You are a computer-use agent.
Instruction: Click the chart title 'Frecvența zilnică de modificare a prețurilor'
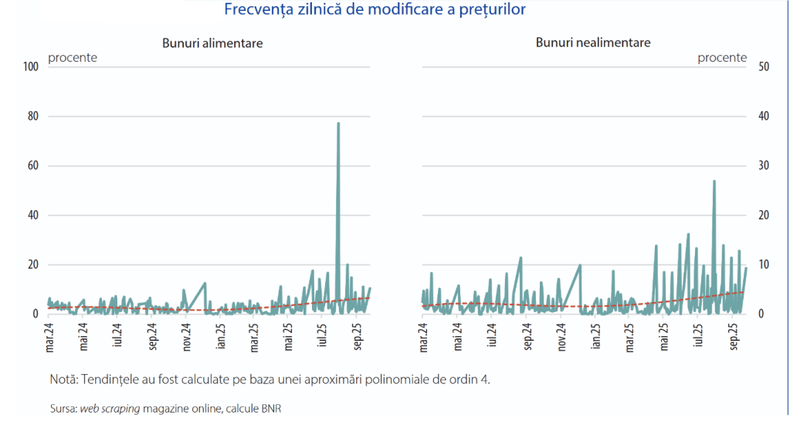click(375, 10)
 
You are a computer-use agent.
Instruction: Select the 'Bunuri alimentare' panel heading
click(212, 43)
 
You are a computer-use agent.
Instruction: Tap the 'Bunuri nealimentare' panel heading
click(593, 42)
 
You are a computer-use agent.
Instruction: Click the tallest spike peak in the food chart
click(338, 124)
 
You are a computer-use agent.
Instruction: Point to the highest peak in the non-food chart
click(714, 182)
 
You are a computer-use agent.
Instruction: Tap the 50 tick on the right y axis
click(763, 66)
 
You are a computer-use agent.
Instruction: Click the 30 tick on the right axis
click(763, 165)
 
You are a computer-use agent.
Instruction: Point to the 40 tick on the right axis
click(763, 116)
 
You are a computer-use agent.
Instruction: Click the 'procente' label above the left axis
click(73, 58)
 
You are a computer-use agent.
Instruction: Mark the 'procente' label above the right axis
click(722, 58)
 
